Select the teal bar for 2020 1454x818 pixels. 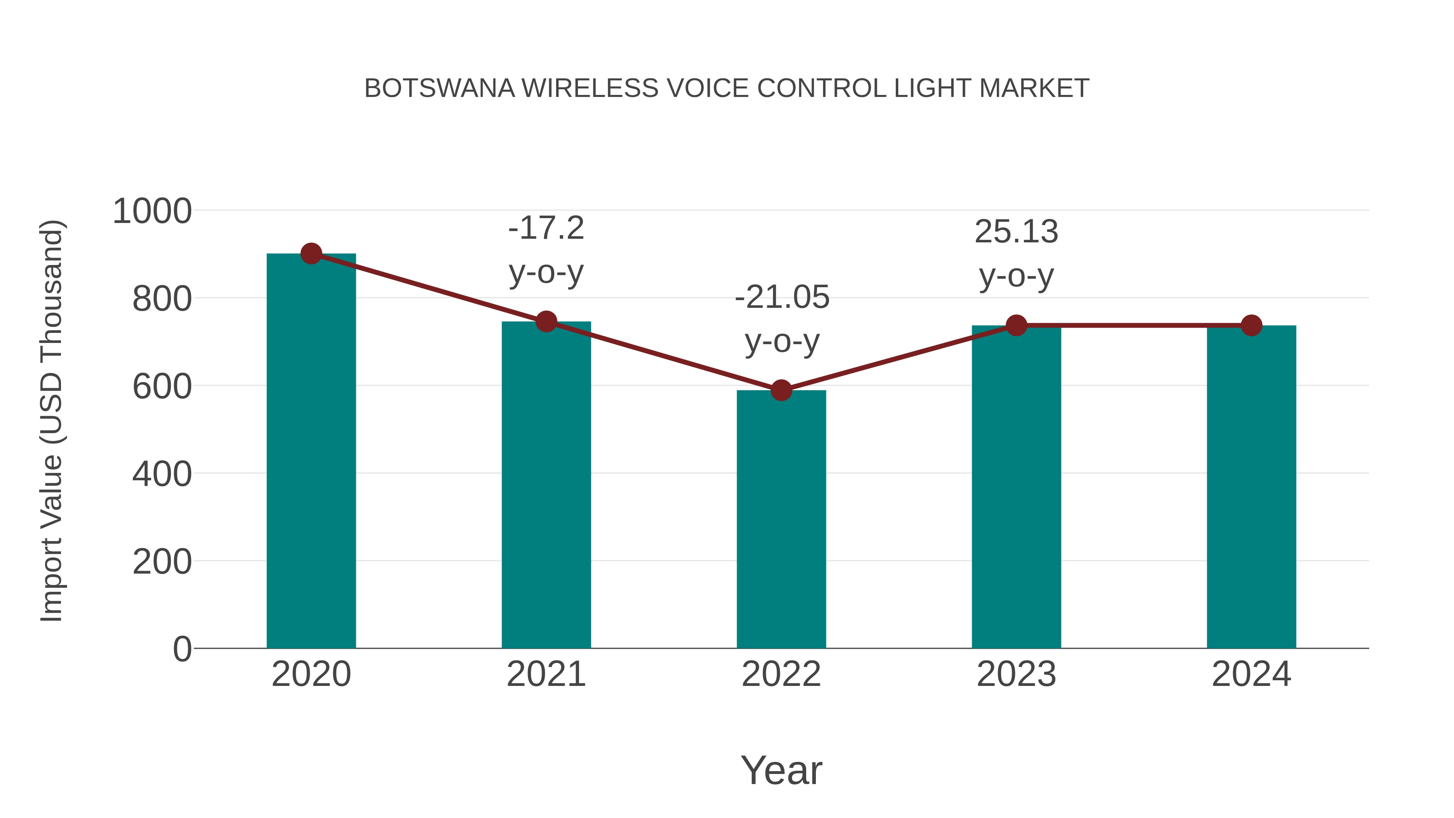tap(311, 452)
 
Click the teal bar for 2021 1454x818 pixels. tap(546, 486)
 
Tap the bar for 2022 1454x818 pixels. tap(781, 519)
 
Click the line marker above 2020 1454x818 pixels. tap(311, 254)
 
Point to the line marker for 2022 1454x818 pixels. tap(781, 390)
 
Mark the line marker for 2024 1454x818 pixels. tap(1251, 326)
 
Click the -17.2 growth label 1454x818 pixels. tap(546, 229)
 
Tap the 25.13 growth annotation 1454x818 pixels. tap(1016, 232)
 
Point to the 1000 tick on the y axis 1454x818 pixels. tap(152, 212)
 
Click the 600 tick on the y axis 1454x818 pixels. tap(162, 387)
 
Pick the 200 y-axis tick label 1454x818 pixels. tap(162, 562)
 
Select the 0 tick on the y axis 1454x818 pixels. tap(182, 649)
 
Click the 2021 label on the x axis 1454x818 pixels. tap(546, 675)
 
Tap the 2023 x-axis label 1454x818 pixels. tap(1016, 675)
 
